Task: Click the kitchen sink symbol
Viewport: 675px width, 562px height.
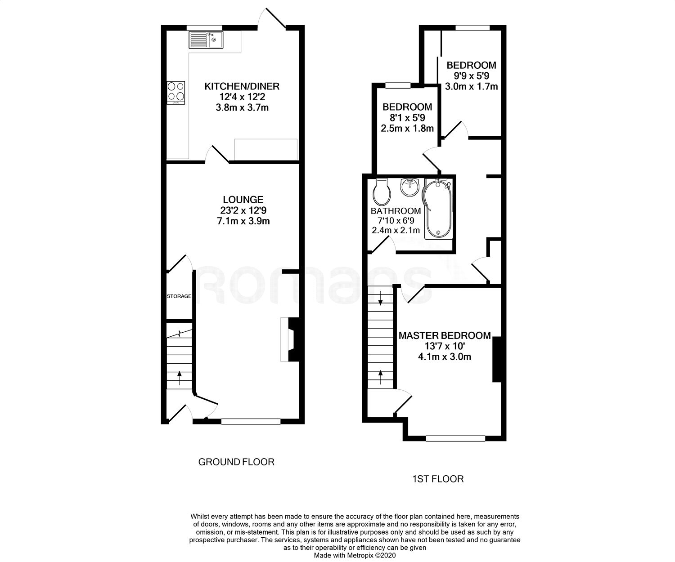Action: tap(205, 40)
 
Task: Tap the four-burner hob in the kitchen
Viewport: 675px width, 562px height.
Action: tap(175, 92)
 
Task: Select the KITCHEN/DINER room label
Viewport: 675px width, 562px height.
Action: tap(242, 86)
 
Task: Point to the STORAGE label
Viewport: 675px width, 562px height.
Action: tap(179, 296)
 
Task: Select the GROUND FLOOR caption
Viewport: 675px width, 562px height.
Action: tap(236, 462)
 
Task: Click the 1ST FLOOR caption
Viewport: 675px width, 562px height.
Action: tap(438, 479)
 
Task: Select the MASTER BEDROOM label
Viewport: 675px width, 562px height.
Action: tap(445, 335)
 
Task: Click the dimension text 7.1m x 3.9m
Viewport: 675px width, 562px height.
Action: tap(243, 221)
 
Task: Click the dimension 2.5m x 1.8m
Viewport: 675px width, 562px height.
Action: tap(407, 129)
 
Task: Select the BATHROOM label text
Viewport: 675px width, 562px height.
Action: tap(396, 211)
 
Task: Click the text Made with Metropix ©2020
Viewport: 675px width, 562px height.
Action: tap(355, 556)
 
